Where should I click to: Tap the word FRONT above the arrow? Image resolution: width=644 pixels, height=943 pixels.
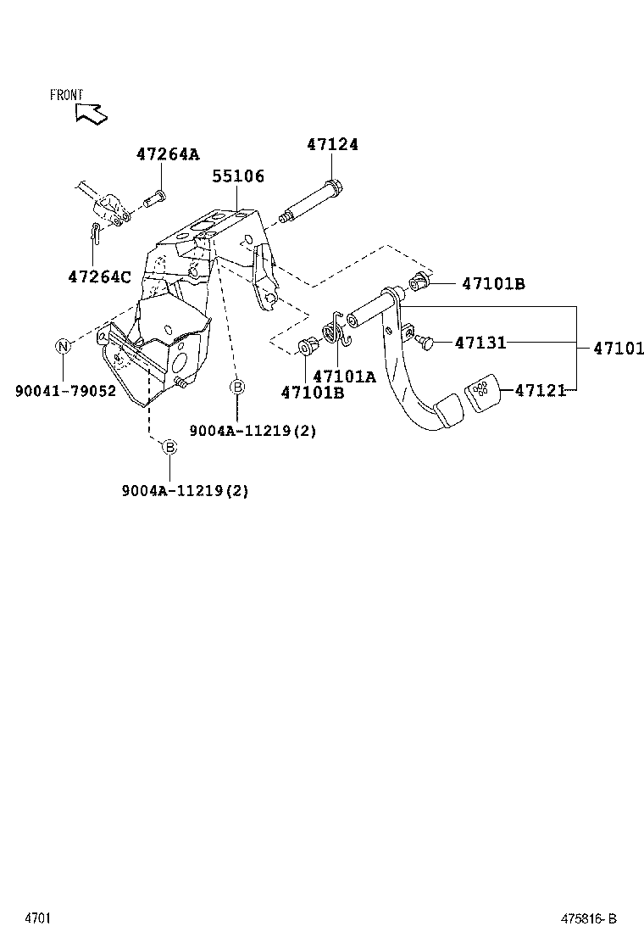pyautogui.click(x=66, y=95)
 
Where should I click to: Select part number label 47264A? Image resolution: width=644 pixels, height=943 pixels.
pyautogui.click(x=168, y=154)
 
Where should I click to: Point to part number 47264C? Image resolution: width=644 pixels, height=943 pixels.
pyautogui.click(x=100, y=276)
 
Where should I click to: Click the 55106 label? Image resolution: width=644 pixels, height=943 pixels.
pyautogui.click(x=238, y=176)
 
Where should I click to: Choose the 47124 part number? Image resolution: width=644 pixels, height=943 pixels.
pyautogui.click(x=332, y=145)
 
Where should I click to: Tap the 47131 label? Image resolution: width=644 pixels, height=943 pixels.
pyautogui.click(x=480, y=343)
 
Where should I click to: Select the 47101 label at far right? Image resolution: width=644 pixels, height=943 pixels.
pyautogui.click(x=619, y=348)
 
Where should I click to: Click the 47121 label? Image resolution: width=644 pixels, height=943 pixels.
pyautogui.click(x=541, y=391)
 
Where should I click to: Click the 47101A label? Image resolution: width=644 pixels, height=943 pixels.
pyautogui.click(x=343, y=377)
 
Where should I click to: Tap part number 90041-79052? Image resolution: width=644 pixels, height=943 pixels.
pyautogui.click(x=65, y=392)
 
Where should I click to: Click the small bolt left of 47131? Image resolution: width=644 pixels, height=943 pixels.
pyautogui.click(x=425, y=341)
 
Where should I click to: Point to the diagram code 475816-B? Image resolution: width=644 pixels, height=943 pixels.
pyautogui.click(x=587, y=918)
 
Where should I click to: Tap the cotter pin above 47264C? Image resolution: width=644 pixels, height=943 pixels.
pyautogui.click(x=97, y=233)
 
